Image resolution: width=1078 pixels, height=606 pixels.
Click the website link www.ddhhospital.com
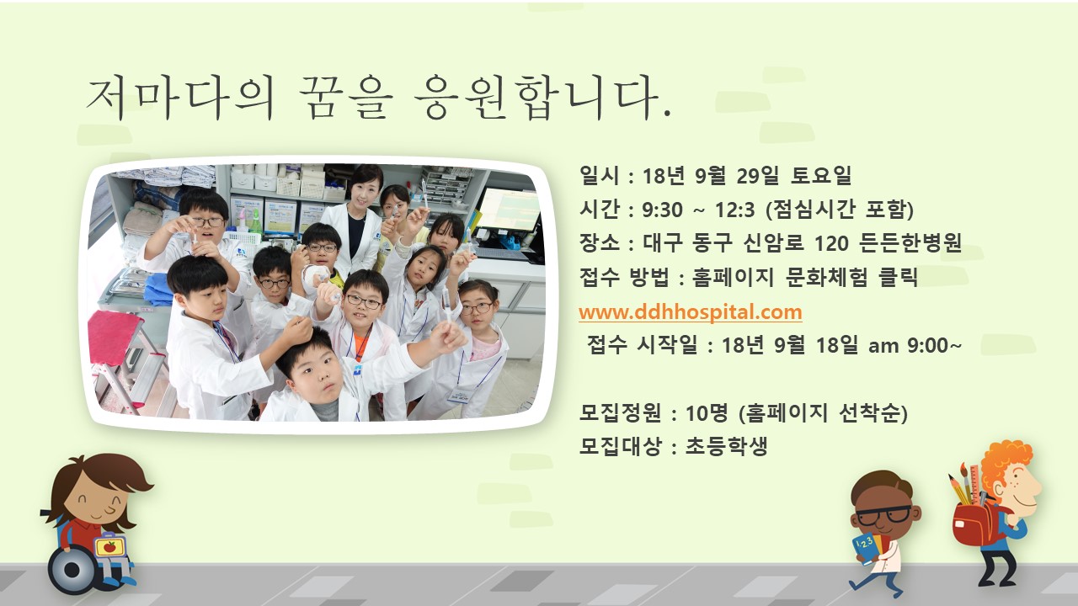[690, 312]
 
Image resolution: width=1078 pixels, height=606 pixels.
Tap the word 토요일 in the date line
[821, 175]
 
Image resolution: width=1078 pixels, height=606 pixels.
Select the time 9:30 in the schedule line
[662, 210]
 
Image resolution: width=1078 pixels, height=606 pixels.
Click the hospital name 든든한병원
[910, 243]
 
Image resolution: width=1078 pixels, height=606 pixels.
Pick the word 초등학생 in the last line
[726, 446]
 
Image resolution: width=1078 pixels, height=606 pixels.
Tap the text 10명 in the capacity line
[707, 412]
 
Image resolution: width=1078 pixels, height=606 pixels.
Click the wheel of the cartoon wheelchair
[72, 570]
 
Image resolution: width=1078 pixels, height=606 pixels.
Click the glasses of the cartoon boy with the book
[884, 515]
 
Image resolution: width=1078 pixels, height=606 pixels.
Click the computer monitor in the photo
[510, 209]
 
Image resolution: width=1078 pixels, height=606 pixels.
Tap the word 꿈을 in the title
[344, 98]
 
